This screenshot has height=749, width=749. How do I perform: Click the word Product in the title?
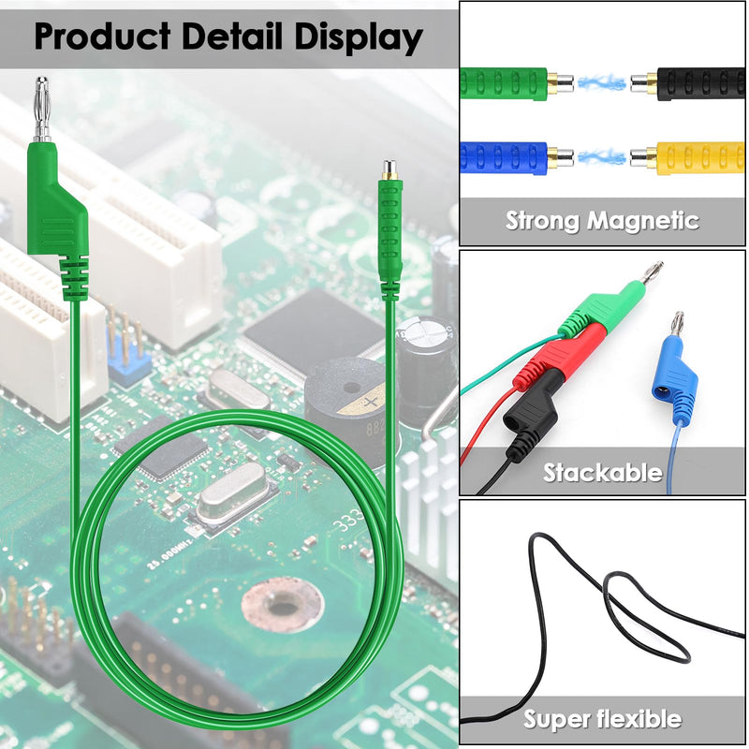pos(102,37)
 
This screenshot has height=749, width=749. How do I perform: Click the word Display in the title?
pos(359,37)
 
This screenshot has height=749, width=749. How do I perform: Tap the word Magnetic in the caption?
pos(643,221)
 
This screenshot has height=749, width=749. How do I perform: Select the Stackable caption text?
pos(602,473)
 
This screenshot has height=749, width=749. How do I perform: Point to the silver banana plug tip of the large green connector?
pos(42,109)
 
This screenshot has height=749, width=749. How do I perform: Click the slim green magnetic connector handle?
pos(389,239)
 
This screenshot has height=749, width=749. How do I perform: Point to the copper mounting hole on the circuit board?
pos(283,605)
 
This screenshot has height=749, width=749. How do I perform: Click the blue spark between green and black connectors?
pos(602,83)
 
